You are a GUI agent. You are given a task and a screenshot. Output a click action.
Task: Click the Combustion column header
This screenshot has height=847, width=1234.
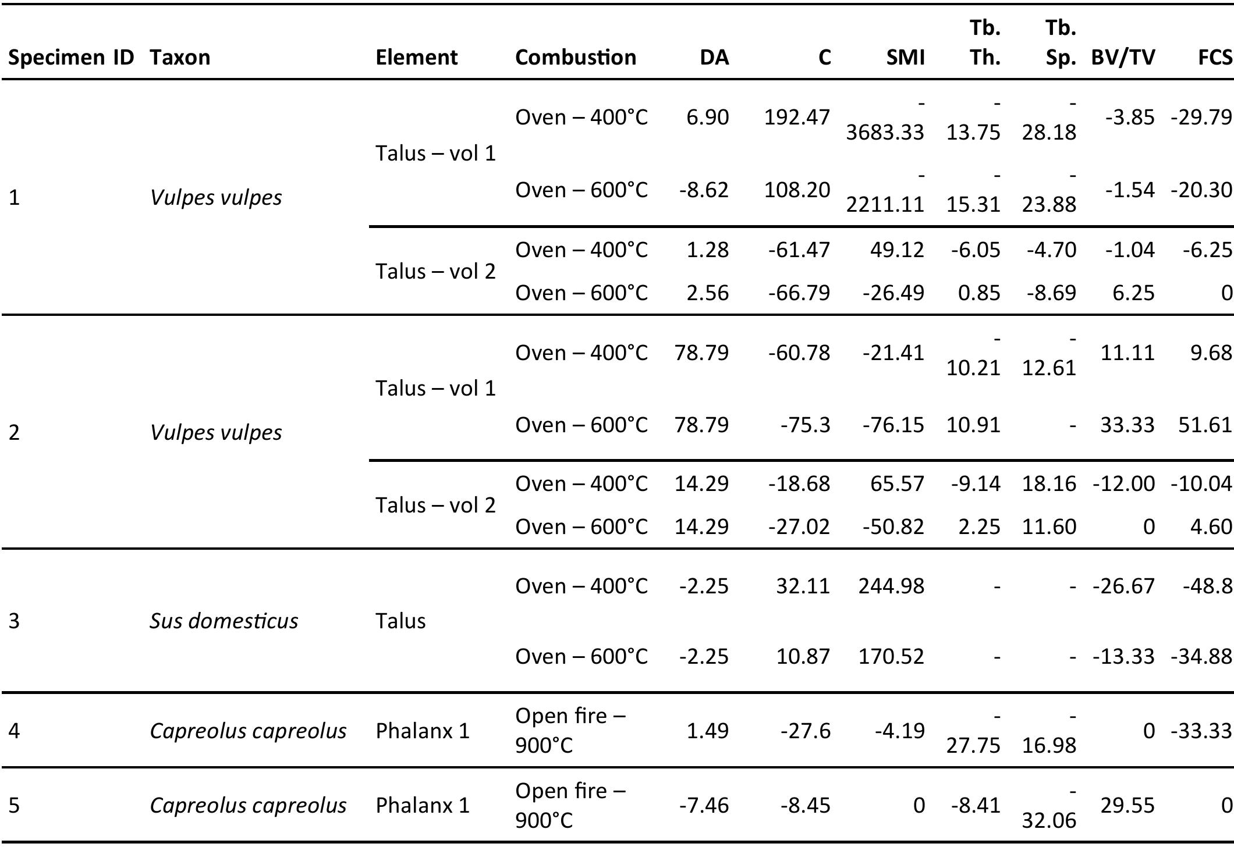click(575, 57)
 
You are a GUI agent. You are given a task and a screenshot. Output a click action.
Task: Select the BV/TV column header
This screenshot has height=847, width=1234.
click(1122, 57)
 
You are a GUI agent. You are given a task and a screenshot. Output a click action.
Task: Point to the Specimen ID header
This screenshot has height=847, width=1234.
click(71, 57)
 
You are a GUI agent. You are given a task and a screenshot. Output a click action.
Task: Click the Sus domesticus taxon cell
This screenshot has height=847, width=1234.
click(224, 621)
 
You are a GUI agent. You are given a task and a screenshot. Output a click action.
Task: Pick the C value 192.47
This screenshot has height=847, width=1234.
click(796, 117)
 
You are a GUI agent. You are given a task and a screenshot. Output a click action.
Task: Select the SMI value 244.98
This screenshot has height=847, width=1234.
click(891, 585)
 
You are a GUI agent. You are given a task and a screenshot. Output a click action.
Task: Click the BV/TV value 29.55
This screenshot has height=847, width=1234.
click(1127, 805)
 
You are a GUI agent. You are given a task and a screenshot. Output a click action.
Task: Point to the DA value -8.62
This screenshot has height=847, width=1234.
click(703, 190)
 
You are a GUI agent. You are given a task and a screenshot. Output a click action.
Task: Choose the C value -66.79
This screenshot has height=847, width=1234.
click(799, 292)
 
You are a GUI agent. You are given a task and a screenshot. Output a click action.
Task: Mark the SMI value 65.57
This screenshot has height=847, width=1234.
click(896, 483)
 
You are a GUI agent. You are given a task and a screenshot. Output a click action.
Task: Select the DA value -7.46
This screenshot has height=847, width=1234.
click(703, 805)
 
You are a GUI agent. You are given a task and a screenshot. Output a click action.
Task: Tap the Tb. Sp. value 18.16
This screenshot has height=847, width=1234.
click(1049, 483)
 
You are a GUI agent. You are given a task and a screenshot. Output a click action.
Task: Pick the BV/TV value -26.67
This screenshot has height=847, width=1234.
click(1123, 585)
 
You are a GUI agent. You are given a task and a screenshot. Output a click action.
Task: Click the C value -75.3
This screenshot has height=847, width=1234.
click(805, 425)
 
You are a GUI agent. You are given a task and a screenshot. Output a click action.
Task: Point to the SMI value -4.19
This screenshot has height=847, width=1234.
click(899, 730)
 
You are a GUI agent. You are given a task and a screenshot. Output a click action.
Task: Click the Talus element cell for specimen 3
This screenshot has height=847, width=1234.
click(400, 621)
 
